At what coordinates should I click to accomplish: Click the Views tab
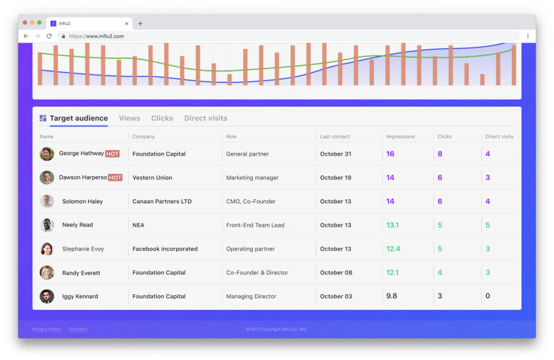[x=129, y=118]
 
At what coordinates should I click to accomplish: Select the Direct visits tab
[x=205, y=118]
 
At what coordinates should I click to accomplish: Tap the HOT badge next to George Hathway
[x=113, y=154]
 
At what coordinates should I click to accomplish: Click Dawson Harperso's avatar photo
[x=47, y=178]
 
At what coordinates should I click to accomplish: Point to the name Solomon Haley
[x=83, y=201]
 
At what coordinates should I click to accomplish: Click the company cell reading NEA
[x=138, y=225]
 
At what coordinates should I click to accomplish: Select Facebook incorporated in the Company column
[x=165, y=249]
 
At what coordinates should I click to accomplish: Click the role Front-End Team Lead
[x=255, y=225]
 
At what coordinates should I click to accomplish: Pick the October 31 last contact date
[x=336, y=154]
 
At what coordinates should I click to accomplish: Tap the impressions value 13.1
[x=392, y=225]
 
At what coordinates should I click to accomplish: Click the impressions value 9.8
[x=392, y=296]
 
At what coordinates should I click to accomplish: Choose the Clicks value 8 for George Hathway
[x=440, y=154]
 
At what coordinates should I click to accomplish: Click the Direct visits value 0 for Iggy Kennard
[x=488, y=296]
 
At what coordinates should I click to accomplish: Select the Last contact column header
[x=335, y=137]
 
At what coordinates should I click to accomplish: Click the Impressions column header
[x=400, y=137]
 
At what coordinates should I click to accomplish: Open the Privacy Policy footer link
[x=47, y=329]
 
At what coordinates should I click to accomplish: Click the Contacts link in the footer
[x=78, y=329]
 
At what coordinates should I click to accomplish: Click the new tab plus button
[x=140, y=24]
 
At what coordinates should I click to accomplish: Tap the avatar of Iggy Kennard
[x=47, y=297]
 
